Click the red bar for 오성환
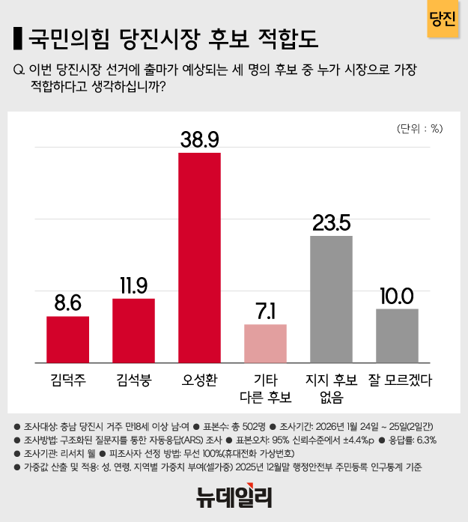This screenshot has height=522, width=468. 199,258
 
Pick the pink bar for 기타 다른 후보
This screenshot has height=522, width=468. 266,344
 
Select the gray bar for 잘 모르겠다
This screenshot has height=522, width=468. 397,336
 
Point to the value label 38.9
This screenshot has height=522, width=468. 199,139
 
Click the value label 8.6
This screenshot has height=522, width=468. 67,302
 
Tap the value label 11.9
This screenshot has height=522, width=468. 133,285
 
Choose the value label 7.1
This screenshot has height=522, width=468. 266,310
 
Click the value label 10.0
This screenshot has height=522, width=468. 397,295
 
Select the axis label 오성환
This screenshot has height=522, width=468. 199,380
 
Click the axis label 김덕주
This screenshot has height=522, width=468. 67,380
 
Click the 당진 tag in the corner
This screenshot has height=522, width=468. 443,18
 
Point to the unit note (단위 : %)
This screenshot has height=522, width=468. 420,128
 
